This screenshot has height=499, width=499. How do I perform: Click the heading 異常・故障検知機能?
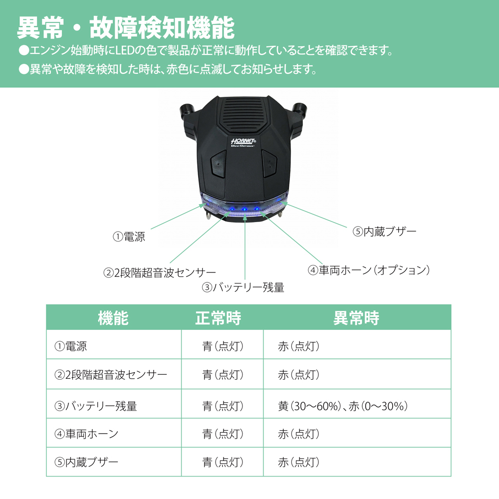click(x=125, y=28)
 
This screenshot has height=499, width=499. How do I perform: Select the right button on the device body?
click(x=269, y=163)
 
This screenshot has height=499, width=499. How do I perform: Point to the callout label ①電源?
click(x=129, y=237)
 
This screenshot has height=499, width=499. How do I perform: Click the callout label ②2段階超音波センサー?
click(x=160, y=273)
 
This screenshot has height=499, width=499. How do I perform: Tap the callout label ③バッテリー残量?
click(x=243, y=287)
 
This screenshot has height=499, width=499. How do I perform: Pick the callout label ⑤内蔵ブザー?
click(x=384, y=232)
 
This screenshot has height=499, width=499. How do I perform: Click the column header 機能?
click(x=113, y=318)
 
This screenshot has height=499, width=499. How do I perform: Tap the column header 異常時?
click(x=356, y=318)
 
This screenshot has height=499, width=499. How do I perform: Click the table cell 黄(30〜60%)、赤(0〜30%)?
click(x=343, y=406)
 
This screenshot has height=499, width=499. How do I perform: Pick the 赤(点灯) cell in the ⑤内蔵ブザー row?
click(x=298, y=462)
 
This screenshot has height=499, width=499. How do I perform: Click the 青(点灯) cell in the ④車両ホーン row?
click(x=223, y=434)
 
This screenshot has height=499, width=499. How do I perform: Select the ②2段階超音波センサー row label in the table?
click(x=110, y=374)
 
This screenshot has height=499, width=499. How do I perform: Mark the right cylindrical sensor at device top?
click(x=300, y=109)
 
